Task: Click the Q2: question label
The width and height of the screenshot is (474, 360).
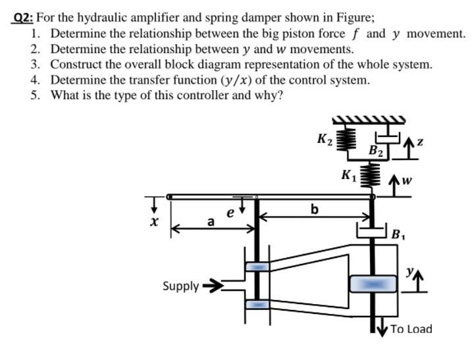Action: pos(25,19)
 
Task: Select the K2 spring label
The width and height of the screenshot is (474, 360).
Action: pos(325,140)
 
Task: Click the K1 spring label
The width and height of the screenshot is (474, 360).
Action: pos(348,174)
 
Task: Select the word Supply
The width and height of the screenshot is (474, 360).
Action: pos(180,286)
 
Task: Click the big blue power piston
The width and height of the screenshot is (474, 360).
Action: pos(373,284)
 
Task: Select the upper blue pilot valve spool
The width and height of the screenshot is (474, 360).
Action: pos(257,267)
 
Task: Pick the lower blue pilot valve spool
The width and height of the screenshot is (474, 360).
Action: pos(257,305)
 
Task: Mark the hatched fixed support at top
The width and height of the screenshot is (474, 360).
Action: pos(367,120)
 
